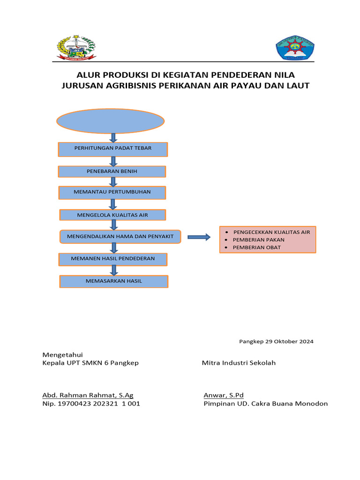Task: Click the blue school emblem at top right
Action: [x=295, y=49]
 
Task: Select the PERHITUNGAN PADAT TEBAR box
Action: [x=113, y=149]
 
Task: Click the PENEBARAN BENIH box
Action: [x=112, y=171]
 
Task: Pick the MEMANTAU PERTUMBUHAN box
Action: [x=112, y=192]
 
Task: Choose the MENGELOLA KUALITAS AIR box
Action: [x=112, y=215]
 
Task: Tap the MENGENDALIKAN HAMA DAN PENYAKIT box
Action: [x=123, y=237]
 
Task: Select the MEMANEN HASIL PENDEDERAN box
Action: [x=112, y=259]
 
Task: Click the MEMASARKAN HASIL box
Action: [x=113, y=281]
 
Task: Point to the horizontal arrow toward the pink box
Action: [x=199, y=237]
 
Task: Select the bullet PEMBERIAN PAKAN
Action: [x=258, y=240]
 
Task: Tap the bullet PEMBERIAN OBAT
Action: [x=257, y=247]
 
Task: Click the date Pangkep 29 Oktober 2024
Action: [x=276, y=341]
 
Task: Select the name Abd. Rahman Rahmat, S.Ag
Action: [x=88, y=395]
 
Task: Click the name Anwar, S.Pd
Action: [x=224, y=395]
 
